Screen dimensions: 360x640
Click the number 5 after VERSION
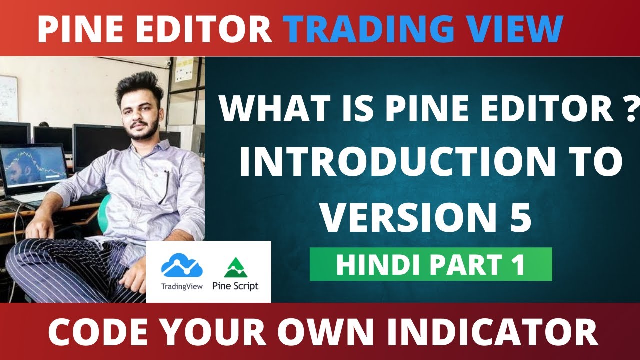(x=520, y=219)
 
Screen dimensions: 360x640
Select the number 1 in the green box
(x=516, y=265)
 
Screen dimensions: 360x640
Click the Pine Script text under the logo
(x=235, y=286)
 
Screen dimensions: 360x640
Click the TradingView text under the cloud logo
(x=182, y=286)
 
